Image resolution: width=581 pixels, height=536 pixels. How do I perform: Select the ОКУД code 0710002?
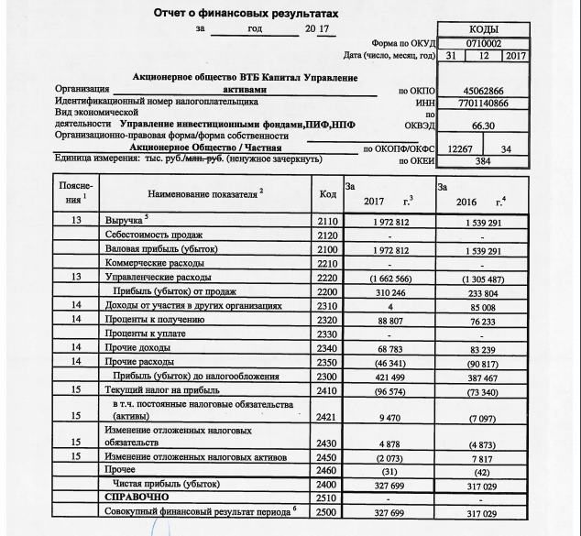tap(484, 43)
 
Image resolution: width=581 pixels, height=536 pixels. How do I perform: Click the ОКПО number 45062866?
tap(484, 92)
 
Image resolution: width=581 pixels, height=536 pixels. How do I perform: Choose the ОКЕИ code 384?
tap(484, 160)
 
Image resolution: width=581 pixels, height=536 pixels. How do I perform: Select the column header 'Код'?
tap(327, 194)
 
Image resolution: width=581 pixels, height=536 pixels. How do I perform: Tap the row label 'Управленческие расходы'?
tap(159, 276)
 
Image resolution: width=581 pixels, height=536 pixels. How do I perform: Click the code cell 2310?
tap(327, 305)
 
